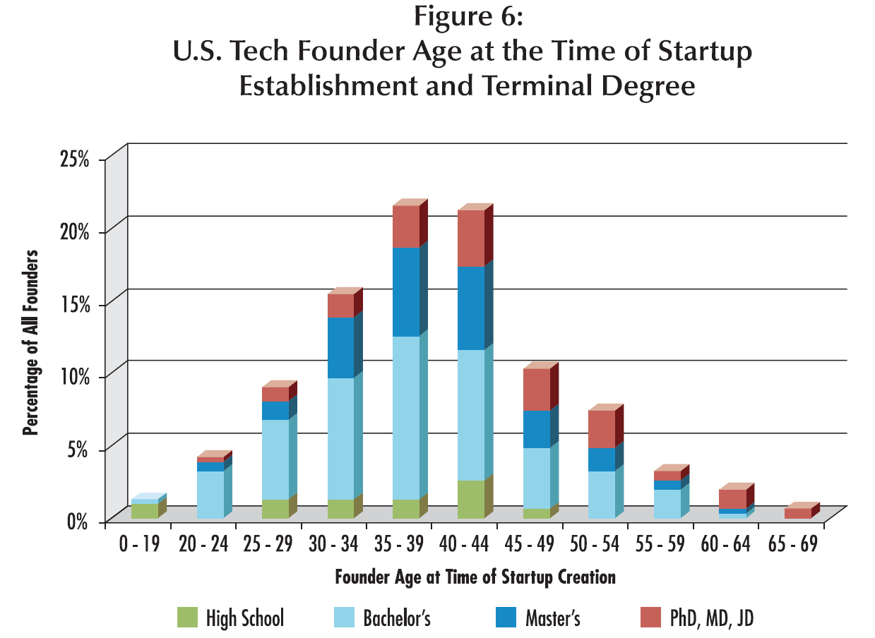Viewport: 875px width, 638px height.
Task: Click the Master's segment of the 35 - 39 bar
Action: (x=406, y=291)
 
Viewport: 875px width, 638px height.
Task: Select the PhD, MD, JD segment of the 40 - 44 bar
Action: (x=471, y=238)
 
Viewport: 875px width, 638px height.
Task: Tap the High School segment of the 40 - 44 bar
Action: (x=471, y=499)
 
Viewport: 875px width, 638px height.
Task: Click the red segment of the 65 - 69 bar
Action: (x=798, y=513)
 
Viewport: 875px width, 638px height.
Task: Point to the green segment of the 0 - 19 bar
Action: (x=145, y=510)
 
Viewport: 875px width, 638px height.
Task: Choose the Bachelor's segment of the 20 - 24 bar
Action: (x=210, y=494)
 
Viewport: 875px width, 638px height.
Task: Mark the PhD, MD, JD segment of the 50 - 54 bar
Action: (x=602, y=428)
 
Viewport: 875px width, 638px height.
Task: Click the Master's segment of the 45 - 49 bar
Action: (x=537, y=428)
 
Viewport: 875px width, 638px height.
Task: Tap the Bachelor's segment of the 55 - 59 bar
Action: (x=667, y=503)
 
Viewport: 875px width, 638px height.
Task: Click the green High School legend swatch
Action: (x=189, y=618)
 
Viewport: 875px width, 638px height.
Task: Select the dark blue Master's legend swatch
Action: (x=506, y=618)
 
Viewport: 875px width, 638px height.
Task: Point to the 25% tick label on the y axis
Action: (x=74, y=159)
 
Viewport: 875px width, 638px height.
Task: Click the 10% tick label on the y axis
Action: (x=74, y=376)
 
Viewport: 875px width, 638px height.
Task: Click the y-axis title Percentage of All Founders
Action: (x=30, y=342)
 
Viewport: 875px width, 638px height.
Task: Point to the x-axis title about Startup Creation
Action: (x=475, y=577)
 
